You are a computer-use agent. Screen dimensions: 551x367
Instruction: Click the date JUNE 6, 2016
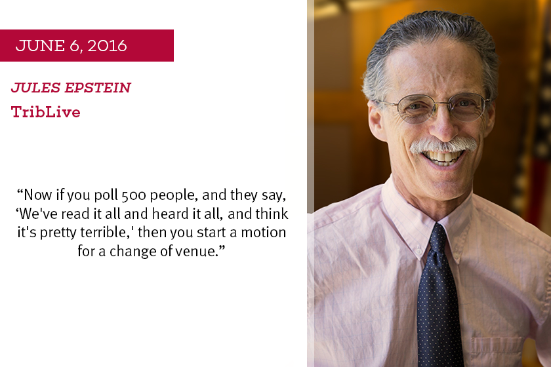pos(71,46)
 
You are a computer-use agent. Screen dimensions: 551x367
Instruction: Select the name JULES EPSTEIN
pos(71,88)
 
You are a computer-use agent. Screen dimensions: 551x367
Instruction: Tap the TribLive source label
pos(46,112)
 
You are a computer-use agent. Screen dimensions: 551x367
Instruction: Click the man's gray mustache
pos(443,145)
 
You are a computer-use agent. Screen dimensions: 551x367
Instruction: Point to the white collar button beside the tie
pos(418,252)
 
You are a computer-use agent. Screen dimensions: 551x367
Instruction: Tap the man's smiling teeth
pos(442,157)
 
